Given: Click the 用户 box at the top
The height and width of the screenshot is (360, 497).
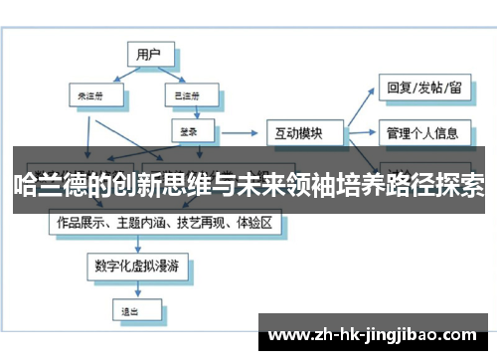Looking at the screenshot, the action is point(149,55).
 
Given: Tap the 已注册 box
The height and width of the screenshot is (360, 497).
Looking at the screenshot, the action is point(186,96).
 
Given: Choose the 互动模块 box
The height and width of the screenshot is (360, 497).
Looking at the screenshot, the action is point(304,131).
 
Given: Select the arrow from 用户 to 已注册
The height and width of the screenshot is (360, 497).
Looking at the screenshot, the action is point(172,77).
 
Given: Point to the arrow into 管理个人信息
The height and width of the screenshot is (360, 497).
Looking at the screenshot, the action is point(363,130).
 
